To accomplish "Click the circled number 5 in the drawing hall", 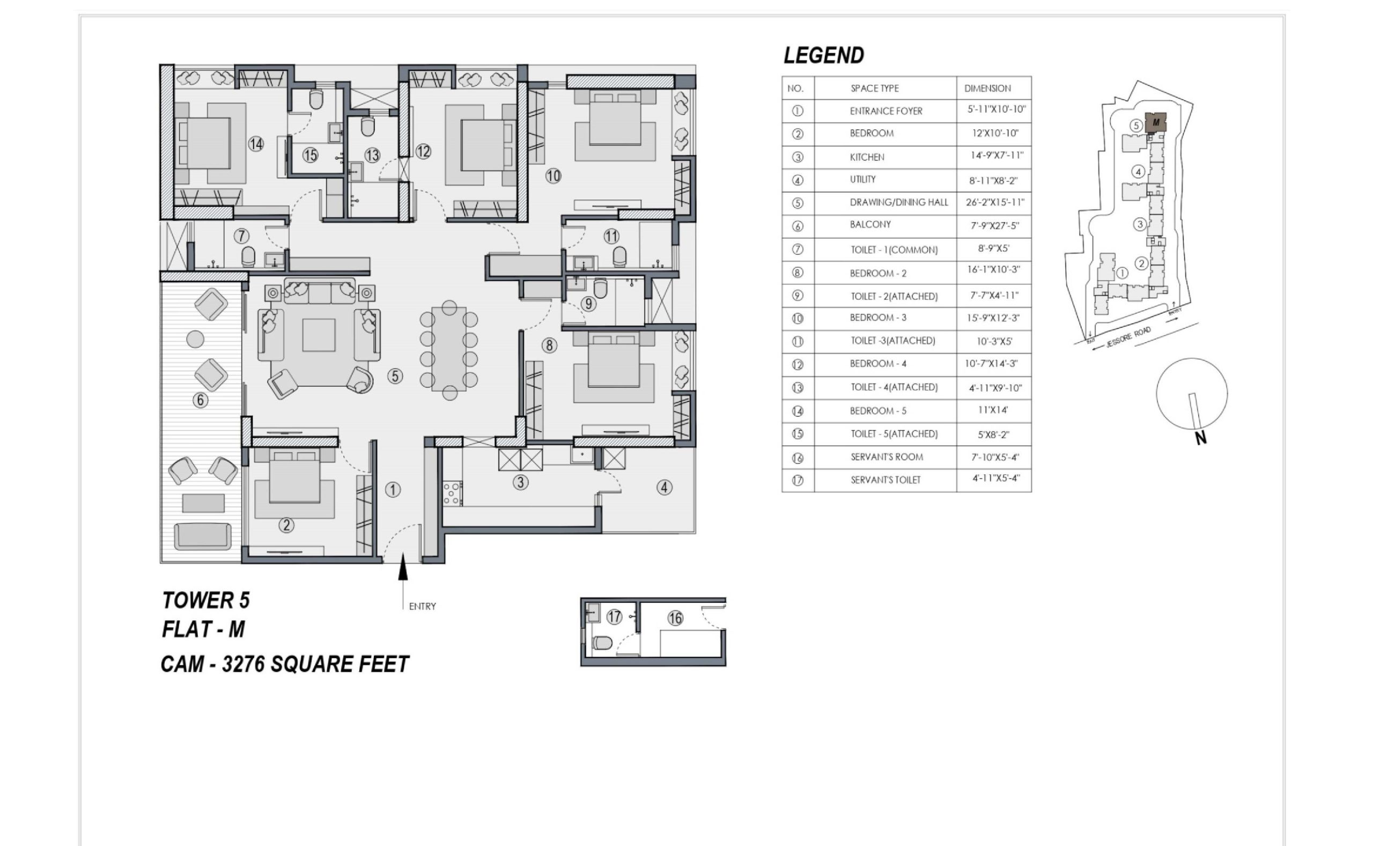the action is (395, 376).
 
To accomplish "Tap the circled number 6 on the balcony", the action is (200, 400).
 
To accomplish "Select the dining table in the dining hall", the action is (448, 348).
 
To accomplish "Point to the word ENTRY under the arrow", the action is (422, 606).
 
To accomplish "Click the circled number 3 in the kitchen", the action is (521, 482).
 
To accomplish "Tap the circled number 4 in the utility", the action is (665, 487).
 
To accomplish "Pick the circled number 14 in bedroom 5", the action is (256, 144).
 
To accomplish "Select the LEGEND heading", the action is (824, 55).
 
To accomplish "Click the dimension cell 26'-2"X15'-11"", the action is (995, 202).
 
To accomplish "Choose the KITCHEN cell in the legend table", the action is (867, 157).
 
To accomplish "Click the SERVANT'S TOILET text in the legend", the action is (885, 480).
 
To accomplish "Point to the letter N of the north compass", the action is (1200, 438).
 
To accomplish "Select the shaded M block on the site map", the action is (1155, 122).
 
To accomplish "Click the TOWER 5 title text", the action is (206, 600).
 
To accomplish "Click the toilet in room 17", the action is (602, 643).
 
